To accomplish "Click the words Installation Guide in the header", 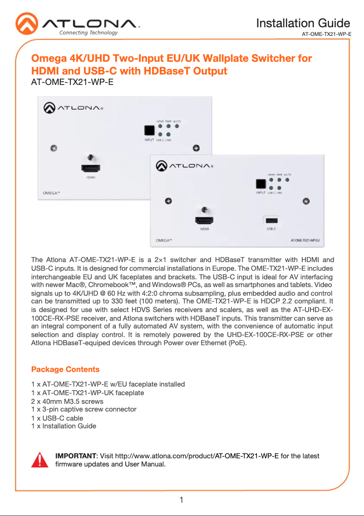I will tap(303, 23).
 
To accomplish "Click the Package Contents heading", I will tap(65, 369).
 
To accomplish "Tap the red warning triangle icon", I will tap(40, 460).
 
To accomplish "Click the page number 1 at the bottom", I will tap(182, 501).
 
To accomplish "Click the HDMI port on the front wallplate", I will tap(205, 221).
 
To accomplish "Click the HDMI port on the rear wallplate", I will tap(91, 169).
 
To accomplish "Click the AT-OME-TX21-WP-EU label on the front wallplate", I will tap(308, 239).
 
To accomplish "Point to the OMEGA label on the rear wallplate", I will tap(45, 193).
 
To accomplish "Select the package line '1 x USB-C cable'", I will tap(57, 418).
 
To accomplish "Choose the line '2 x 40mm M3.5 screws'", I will tap(67, 401).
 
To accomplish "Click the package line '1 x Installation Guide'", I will tap(64, 426).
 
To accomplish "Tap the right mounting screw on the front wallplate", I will tap(306, 200).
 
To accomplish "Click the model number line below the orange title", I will tap(72, 83).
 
